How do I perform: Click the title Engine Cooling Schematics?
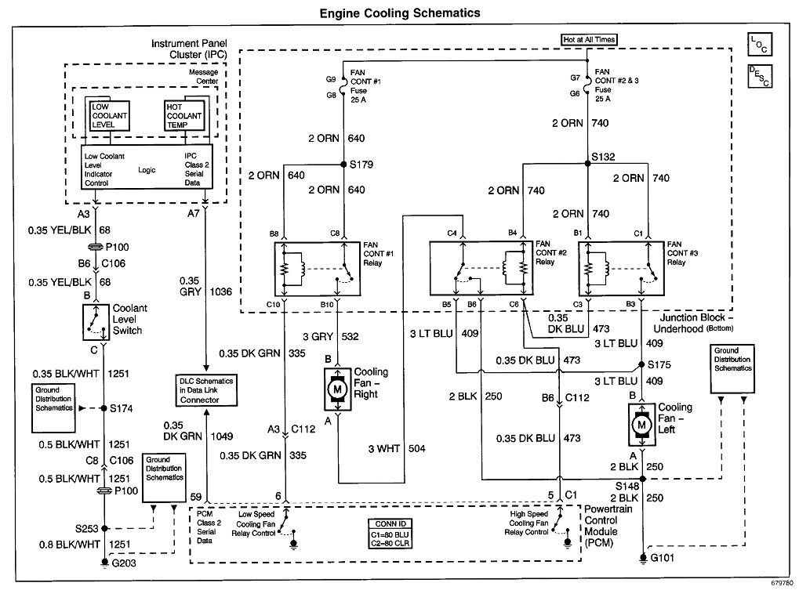point(400,13)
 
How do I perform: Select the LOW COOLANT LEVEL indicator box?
point(110,115)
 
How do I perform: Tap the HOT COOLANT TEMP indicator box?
point(183,115)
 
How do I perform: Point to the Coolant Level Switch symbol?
point(95,321)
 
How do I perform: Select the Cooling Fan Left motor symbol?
point(641,424)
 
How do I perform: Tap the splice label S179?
point(361,165)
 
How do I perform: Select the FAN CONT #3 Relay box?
point(618,268)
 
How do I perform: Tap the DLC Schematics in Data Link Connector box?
point(205,389)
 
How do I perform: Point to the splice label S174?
point(122,408)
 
